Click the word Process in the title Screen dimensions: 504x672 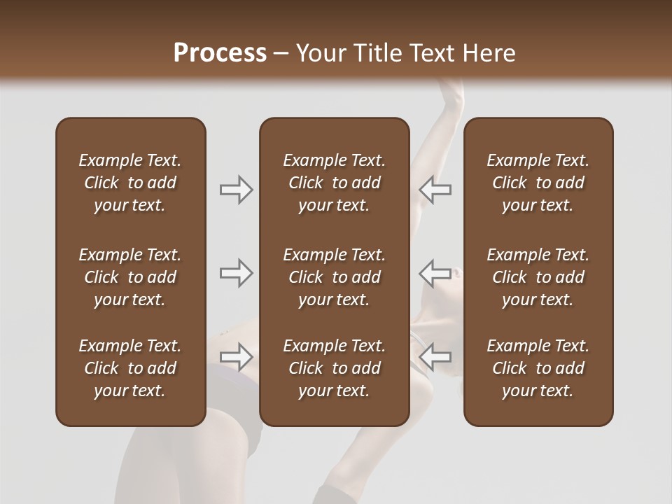(220, 53)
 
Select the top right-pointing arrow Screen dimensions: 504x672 (236, 190)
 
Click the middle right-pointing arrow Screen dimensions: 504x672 (236, 273)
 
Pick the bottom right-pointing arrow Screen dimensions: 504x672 (236, 357)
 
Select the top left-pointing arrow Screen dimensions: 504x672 (435, 190)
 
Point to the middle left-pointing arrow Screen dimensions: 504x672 (435, 273)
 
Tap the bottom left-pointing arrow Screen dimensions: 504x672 (435, 357)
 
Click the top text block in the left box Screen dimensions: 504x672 (130, 183)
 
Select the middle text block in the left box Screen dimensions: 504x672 (130, 277)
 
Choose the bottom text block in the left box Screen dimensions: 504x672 (130, 368)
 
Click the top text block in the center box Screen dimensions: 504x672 (334, 183)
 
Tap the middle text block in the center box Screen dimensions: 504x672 (334, 277)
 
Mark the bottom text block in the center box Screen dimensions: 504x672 (334, 368)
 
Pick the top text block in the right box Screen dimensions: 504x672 (538, 183)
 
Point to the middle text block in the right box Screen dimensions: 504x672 (538, 277)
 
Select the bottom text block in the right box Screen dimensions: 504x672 (538, 368)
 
